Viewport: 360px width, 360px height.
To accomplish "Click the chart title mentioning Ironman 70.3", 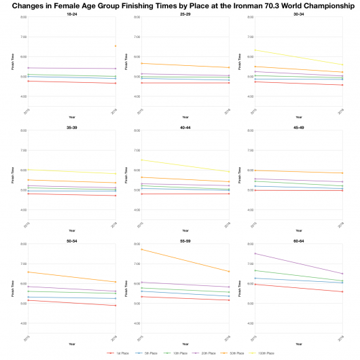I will [x=180, y=5].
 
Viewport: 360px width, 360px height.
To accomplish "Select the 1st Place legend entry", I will [x=116, y=353].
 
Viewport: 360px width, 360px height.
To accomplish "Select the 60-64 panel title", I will [x=299, y=239].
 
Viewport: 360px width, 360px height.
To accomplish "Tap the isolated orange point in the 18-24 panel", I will [x=115, y=46].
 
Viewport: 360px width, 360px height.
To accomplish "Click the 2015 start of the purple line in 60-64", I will [x=255, y=253].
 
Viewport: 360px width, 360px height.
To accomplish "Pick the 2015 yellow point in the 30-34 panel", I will [x=255, y=50].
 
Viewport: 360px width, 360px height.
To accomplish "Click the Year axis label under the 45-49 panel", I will [x=299, y=231].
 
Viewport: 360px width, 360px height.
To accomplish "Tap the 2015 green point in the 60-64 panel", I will [x=255, y=270].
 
